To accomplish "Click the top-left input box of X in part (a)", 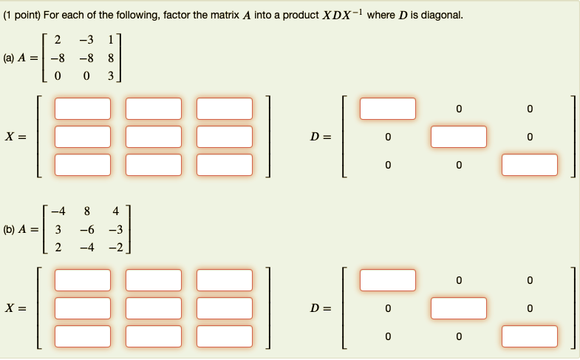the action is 82,109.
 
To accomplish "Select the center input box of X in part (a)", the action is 154,137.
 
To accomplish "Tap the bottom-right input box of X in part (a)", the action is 225,164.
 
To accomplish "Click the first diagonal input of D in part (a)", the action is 388,109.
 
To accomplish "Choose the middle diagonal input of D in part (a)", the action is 459,137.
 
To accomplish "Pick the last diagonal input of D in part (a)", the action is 530,164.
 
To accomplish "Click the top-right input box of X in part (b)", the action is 225,280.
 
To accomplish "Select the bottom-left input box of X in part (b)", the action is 82,336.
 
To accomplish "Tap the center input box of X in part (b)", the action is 154,308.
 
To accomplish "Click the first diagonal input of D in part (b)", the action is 388,280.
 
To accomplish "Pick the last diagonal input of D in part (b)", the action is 530,336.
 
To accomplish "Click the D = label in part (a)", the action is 321,137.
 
